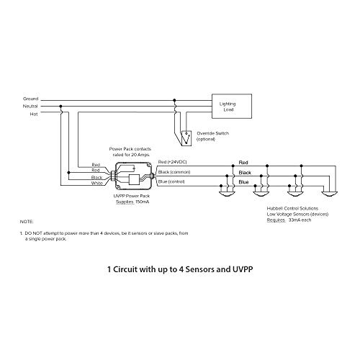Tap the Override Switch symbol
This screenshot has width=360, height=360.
click(x=186, y=138)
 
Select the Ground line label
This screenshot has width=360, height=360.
click(x=30, y=99)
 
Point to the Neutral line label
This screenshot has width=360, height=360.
click(x=30, y=106)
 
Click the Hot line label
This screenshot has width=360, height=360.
click(x=34, y=114)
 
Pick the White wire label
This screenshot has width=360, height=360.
click(x=97, y=183)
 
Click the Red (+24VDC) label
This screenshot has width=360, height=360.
click(x=172, y=162)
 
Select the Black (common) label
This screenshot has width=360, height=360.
click(x=174, y=172)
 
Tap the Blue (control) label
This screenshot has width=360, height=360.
click(x=171, y=181)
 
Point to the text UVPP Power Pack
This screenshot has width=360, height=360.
click(x=132, y=196)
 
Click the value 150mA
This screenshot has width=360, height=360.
click(x=143, y=202)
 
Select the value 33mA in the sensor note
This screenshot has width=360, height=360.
click(x=293, y=220)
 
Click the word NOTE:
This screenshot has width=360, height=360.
click(x=27, y=222)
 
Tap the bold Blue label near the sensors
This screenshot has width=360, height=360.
click(x=243, y=182)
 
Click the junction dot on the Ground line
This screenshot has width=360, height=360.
click(x=174, y=100)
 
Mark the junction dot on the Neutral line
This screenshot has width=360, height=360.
click(x=60, y=106)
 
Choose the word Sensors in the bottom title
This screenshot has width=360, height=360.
click(x=200, y=269)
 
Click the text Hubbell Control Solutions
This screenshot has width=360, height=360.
click(x=292, y=208)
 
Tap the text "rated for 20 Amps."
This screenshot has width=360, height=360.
click(x=131, y=155)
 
